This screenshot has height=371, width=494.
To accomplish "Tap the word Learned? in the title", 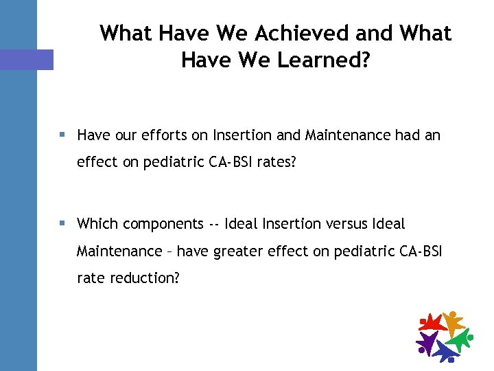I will click(325, 60).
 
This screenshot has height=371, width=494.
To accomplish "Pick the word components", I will click(159, 224).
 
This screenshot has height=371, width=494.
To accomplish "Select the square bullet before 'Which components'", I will click(62, 223).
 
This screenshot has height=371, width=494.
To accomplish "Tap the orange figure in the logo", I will click(453, 320).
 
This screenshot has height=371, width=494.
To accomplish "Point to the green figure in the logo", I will click(458, 339).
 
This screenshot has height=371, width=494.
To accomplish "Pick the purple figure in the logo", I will click(426, 341).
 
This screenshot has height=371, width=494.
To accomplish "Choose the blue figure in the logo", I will click(444, 352).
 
